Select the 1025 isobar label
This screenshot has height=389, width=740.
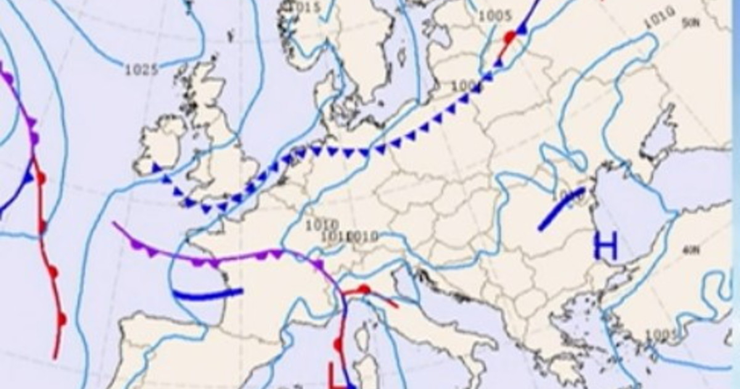141,70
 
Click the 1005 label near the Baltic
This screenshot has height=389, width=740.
495,16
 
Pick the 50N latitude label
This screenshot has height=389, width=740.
691,23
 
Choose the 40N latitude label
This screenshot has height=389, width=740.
691,250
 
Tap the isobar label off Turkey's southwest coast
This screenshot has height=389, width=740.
662,335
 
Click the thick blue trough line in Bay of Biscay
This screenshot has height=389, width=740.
208,294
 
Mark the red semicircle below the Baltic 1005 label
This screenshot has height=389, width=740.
509,37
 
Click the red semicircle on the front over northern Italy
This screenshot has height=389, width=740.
364,288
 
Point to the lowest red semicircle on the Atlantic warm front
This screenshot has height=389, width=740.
62,319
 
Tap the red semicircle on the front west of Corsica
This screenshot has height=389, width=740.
338,345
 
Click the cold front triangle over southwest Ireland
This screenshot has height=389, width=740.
157,167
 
